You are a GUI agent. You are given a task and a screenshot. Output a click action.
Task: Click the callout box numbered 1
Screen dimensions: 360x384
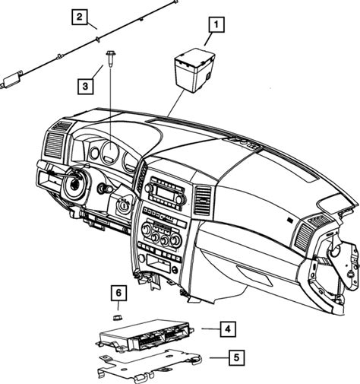tap(216, 24)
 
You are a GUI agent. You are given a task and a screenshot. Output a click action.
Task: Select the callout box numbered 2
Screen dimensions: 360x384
tap(80, 17)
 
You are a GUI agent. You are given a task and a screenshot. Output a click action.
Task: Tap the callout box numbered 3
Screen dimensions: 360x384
tap(85, 86)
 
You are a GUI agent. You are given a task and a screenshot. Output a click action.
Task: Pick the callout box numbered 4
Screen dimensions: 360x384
tap(228, 329)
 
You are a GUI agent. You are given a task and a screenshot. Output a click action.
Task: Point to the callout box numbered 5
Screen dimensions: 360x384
tap(236, 357)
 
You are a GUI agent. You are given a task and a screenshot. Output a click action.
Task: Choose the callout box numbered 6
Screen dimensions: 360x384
tap(118, 293)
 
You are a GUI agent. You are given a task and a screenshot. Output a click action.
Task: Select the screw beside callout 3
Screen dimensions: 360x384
tap(109, 59)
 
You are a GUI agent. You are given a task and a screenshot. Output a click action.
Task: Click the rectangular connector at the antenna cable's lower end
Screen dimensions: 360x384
tap(11, 80)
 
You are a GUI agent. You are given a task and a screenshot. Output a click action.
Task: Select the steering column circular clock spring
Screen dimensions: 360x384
tap(75, 184)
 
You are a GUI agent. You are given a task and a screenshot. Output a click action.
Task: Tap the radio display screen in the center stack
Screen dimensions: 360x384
tap(166, 193)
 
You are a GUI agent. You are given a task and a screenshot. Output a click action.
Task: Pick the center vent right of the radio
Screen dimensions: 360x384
tap(204, 201)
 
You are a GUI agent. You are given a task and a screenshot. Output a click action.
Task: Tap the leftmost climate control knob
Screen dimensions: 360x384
tap(147, 229)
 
